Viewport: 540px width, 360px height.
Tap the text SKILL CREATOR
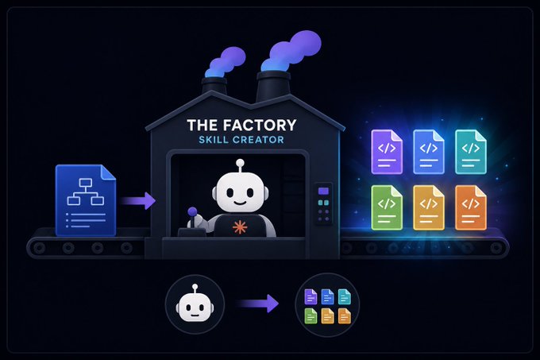241,140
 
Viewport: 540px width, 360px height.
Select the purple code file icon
387,152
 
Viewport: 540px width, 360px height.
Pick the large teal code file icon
470,152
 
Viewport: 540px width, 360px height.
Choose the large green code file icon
387,207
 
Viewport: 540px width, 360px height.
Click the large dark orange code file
470,207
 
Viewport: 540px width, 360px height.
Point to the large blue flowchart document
86,200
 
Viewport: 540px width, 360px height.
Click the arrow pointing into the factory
138,201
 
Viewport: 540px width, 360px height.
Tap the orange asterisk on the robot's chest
240,227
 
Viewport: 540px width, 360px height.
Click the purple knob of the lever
192,211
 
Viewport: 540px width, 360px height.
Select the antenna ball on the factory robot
240,163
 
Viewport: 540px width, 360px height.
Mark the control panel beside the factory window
323,203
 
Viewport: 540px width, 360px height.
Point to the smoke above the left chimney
226,62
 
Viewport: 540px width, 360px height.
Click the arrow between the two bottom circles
257,304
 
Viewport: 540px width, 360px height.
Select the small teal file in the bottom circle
345,296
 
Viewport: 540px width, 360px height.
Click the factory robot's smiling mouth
240,203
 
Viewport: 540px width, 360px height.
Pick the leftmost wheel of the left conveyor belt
39,247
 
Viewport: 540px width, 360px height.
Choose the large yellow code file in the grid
429,207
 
